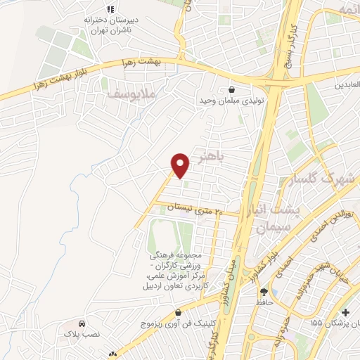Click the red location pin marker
(x=181, y=165)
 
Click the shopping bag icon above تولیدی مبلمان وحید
(x=231, y=89)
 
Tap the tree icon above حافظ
(x=264, y=292)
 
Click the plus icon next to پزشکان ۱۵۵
(x=345, y=312)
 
